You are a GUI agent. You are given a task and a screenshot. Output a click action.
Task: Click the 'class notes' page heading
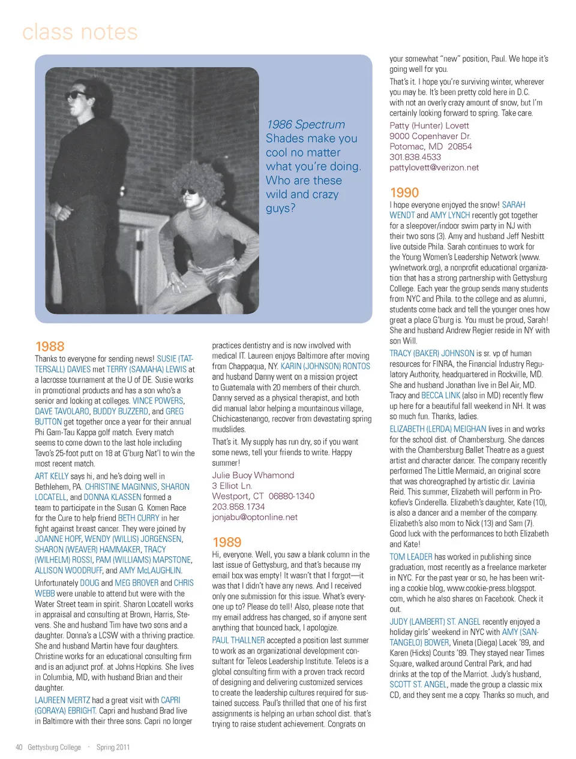click(80, 32)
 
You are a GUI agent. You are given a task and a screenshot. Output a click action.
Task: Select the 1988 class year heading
click(50, 347)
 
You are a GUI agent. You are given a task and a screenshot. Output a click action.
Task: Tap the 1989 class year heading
click(227, 543)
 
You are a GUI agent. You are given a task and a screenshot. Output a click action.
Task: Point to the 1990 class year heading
click(404, 193)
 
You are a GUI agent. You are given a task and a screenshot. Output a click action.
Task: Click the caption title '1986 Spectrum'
click(306, 125)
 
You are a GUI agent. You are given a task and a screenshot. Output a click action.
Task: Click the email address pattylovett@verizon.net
click(434, 168)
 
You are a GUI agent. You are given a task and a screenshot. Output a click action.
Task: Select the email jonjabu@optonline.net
click(254, 517)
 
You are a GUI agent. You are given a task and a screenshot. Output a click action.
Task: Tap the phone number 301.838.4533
click(415, 157)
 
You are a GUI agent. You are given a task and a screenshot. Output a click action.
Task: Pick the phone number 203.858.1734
click(238, 507)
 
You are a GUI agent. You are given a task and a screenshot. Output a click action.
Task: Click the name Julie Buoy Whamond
click(253, 475)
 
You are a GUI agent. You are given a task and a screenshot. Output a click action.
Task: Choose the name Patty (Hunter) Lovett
click(429, 126)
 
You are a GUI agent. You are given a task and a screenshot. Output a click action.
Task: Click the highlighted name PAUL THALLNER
click(238, 640)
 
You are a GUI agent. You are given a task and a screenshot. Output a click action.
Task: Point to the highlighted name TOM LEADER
click(411, 557)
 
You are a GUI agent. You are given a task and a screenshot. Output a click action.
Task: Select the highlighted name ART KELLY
click(52, 476)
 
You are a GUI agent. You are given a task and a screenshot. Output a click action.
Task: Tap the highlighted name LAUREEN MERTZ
click(62, 700)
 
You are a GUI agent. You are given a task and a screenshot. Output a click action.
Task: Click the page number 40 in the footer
click(19, 748)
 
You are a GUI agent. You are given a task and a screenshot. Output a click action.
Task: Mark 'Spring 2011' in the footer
click(113, 748)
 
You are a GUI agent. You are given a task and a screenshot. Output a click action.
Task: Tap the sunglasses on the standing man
click(78, 95)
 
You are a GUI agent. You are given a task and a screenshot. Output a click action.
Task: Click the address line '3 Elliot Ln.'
click(232, 486)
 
